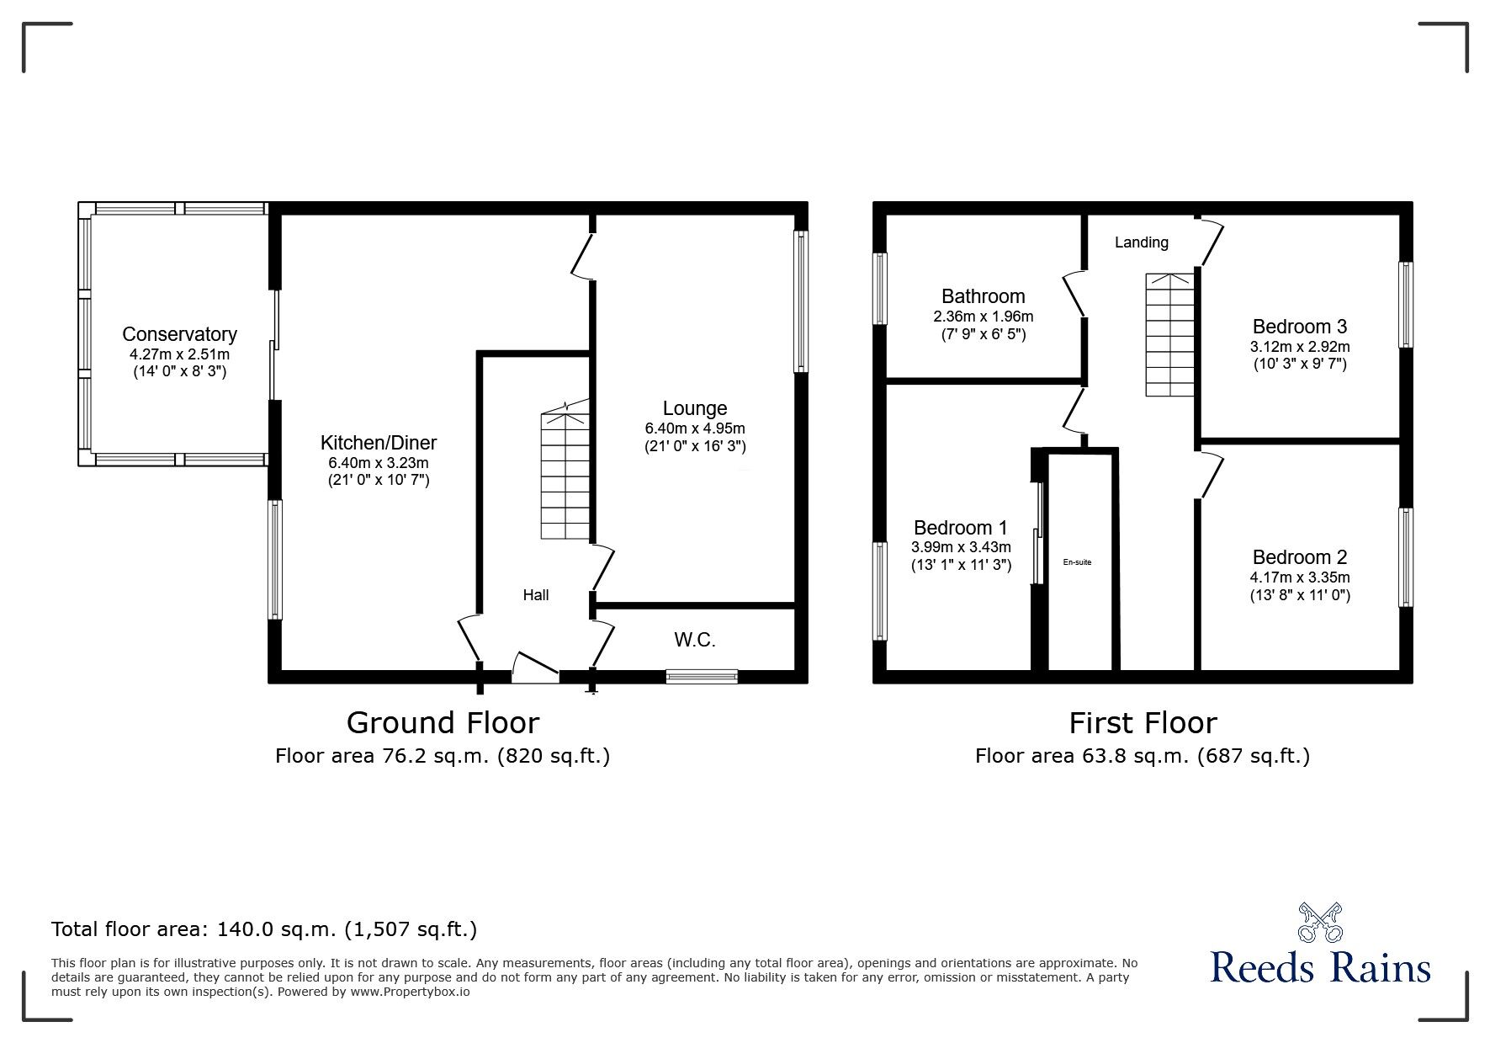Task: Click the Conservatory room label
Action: pos(179,334)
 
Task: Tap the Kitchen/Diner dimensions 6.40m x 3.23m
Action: pos(379,463)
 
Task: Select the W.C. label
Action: pos(695,641)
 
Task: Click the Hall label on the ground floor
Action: pos(536,595)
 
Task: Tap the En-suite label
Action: pos(1077,562)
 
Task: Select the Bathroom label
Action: pos(983,296)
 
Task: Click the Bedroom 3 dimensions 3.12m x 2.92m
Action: pos(1300,347)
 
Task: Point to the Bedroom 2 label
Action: pos(1300,557)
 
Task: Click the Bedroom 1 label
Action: pos(960,528)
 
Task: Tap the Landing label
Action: pos(1141,242)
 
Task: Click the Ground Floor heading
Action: pos(443,723)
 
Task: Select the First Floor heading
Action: pos(1143,723)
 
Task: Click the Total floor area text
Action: pos(264,929)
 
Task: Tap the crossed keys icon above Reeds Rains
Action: pos(1319,922)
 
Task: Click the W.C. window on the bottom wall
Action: pos(702,675)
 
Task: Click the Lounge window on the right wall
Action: pos(801,301)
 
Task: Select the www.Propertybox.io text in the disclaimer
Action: pos(411,992)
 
